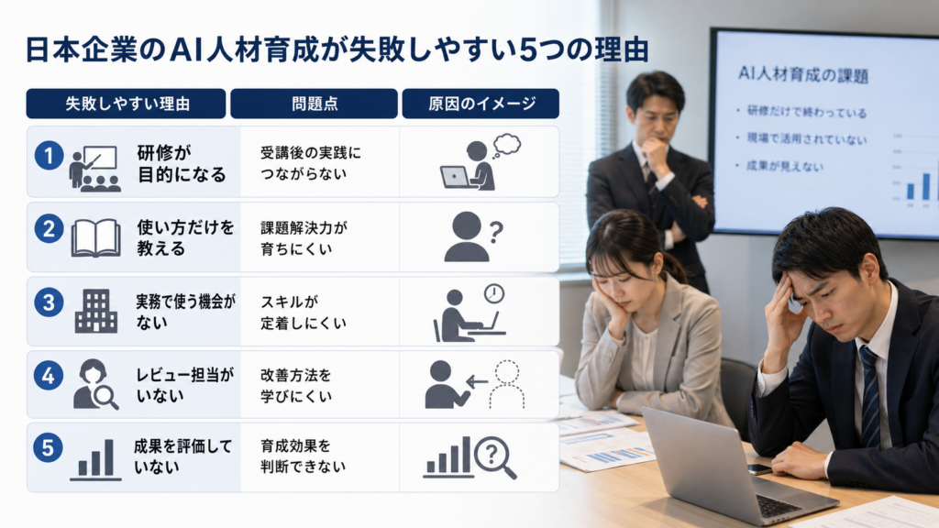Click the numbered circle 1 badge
click(x=50, y=156)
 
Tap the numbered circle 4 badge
click(x=49, y=375)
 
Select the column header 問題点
click(x=315, y=104)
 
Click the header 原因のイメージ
click(x=481, y=104)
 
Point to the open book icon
click(x=95, y=237)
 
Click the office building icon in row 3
click(x=95, y=311)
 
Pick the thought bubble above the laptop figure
click(x=507, y=145)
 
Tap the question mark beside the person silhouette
click(x=496, y=232)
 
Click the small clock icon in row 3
click(x=494, y=293)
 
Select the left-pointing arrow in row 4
click(x=477, y=381)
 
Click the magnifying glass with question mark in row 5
click(x=495, y=458)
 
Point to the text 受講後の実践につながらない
click(x=311, y=163)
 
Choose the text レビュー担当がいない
click(x=184, y=385)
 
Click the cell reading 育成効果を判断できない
click(x=303, y=456)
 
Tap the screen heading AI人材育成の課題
click(x=803, y=75)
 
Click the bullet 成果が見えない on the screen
click(x=785, y=166)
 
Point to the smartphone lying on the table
click(x=758, y=469)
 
